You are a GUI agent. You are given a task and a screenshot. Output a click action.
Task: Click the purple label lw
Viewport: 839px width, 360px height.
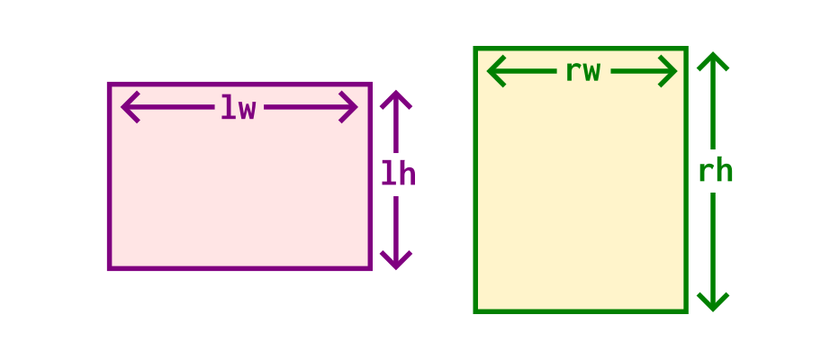point(239,107)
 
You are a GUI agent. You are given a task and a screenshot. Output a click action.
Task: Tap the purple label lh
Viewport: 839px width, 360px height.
point(398,174)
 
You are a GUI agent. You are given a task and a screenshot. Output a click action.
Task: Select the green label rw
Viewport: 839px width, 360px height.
point(583,72)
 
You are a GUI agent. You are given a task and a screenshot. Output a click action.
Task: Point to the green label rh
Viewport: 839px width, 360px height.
point(716,171)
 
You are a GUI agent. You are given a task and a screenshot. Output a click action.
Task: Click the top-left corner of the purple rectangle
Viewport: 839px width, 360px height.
point(109,84)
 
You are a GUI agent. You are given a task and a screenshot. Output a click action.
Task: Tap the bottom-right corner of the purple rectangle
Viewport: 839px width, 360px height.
point(370,268)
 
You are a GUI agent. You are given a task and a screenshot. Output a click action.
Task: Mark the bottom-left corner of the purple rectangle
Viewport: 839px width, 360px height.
point(109,268)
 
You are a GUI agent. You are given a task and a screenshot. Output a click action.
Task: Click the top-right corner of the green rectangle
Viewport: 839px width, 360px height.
point(687,48)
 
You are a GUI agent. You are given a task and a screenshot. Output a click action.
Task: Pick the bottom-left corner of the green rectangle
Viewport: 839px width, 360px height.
point(475,311)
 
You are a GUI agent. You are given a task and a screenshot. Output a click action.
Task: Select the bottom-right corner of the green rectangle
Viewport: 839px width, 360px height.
point(687,311)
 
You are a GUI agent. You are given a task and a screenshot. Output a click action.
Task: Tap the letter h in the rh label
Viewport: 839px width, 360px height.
point(725,171)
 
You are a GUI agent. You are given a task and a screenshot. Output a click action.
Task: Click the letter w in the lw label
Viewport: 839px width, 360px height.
point(248,110)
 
